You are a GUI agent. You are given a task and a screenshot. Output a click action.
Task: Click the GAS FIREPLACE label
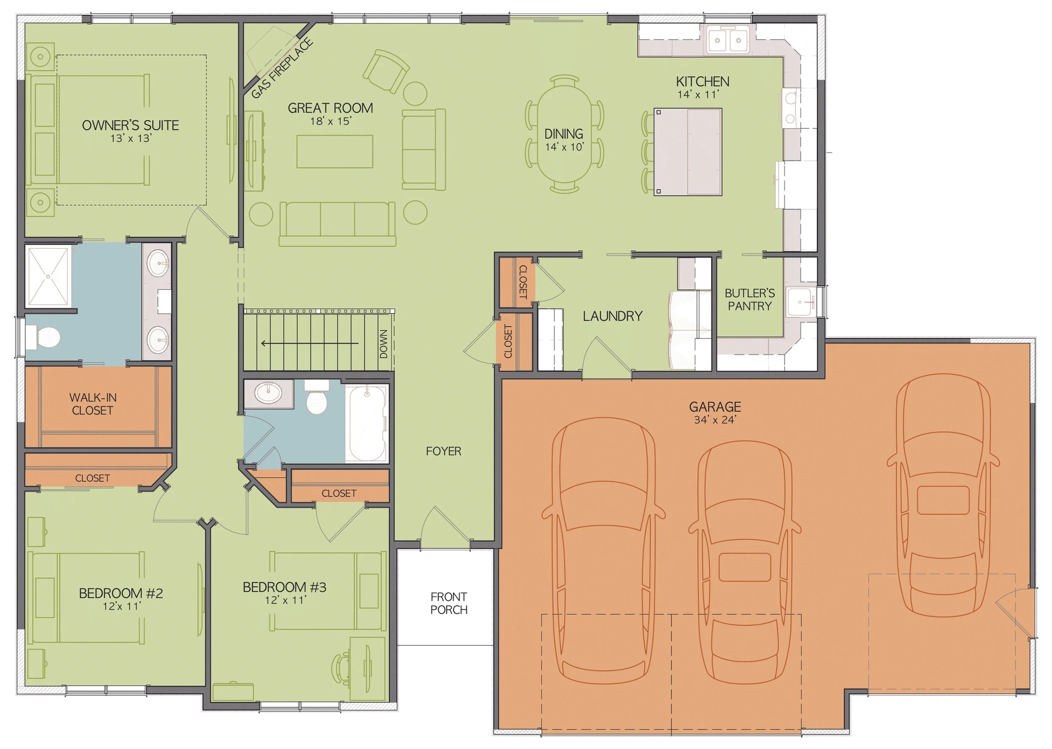click(x=282, y=69)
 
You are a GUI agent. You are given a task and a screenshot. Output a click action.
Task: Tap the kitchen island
click(x=687, y=152)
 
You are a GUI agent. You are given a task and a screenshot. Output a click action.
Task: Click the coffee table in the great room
click(x=335, y=151)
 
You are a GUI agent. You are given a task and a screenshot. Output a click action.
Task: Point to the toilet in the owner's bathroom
click(x=44, y=337)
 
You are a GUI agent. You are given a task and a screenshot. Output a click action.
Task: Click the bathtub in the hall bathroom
click(x=367, y=423)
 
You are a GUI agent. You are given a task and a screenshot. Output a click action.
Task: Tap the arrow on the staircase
click(x=309, y=343)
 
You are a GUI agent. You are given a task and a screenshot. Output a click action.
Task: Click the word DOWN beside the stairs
click(x=383, y=344)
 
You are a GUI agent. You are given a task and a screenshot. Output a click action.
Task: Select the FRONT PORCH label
click(x=448, y=603)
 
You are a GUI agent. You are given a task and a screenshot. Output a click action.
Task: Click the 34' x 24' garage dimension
click(x=715, y=420)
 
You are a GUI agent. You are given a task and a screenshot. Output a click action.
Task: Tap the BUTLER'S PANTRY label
click(x=749, y=299)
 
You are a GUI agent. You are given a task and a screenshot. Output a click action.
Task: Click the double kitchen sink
click(x=728, y=40)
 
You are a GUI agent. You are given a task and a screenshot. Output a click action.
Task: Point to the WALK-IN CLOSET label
click(x=93, y=404)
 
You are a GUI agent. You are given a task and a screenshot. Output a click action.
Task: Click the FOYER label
click(x=443, y=451)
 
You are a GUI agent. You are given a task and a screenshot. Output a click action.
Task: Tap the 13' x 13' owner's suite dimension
click(x=131, y=138)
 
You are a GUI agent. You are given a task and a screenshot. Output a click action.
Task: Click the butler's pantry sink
click(x=800, y=302)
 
